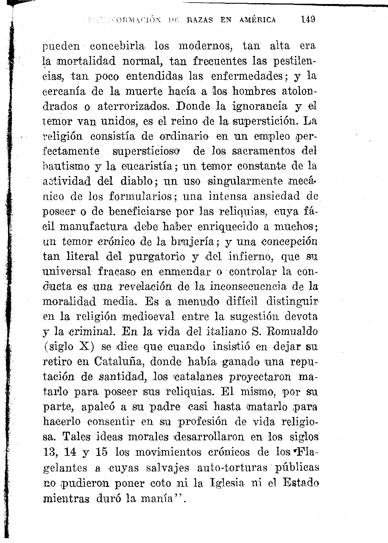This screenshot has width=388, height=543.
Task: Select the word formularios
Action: pos(140,197)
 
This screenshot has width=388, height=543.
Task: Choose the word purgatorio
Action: pos(156,257)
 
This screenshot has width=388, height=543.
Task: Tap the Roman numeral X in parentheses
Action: pos(85,347)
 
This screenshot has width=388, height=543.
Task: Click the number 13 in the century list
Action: pos(50,452)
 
